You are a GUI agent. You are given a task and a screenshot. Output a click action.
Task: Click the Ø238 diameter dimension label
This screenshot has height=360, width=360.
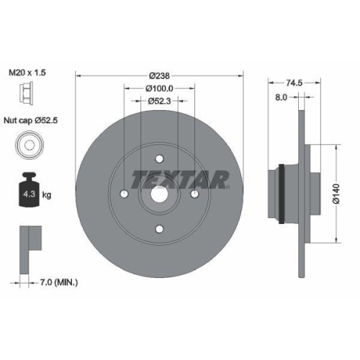159,74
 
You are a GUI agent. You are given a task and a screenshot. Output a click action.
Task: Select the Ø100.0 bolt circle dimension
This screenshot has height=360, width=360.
159,88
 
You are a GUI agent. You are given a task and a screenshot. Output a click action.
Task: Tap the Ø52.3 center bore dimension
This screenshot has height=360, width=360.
159,102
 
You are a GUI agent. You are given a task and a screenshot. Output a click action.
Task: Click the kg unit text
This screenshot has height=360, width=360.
48,194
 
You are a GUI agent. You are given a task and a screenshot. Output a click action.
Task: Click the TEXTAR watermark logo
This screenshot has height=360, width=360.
181,178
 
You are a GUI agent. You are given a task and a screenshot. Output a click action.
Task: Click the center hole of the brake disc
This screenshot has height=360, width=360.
159,194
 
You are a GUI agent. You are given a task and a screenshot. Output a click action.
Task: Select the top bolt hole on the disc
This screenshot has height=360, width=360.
159,159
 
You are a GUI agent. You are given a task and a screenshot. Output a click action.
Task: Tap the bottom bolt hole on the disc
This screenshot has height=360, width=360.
159,230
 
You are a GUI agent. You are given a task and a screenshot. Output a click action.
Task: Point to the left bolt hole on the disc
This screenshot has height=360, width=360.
124,194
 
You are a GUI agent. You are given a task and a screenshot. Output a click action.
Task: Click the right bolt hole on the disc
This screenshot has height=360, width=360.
194,194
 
